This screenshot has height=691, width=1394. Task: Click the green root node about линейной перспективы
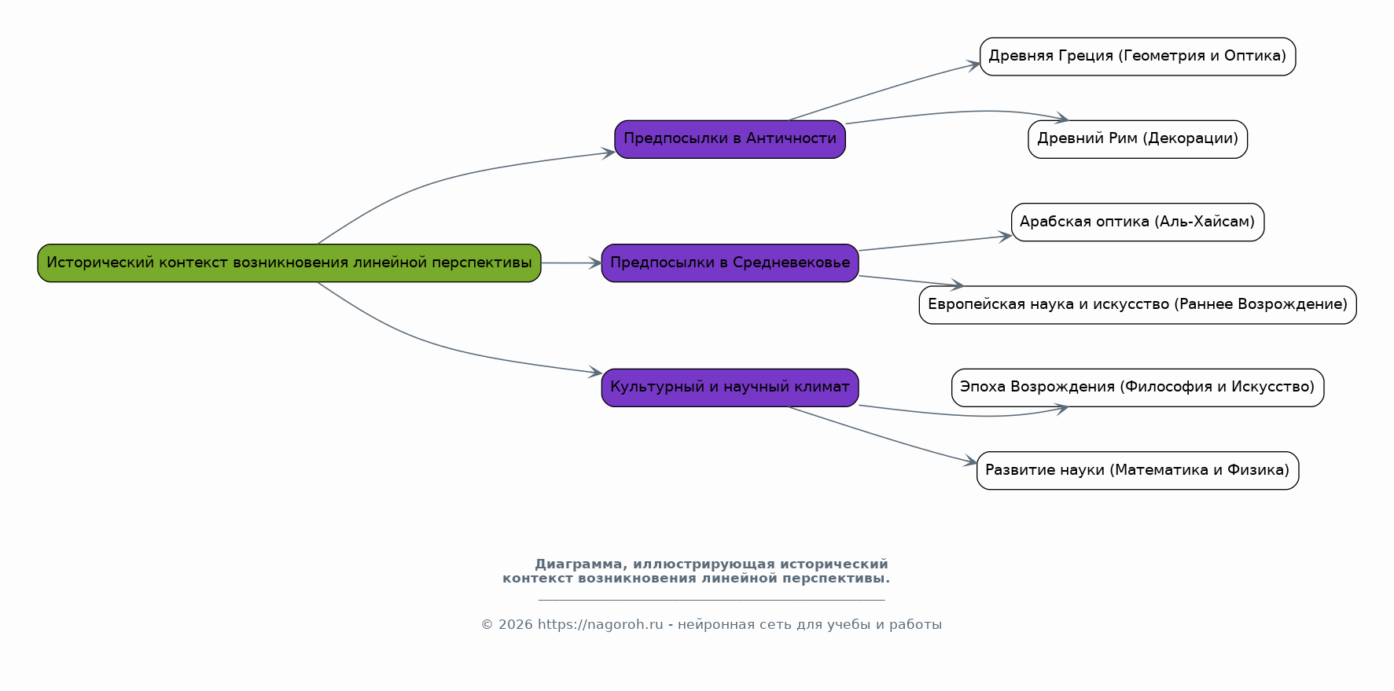point(289,263)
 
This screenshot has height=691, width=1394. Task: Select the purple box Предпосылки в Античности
point(730,139)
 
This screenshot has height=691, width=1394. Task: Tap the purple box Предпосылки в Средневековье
point(730,263)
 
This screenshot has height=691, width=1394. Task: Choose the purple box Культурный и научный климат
point(730,388)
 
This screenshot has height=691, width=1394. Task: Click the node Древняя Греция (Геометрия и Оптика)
point(1137,57)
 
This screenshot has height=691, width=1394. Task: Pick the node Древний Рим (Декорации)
point(1137,139)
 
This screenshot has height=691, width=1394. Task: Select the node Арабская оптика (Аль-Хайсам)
point(1137,222)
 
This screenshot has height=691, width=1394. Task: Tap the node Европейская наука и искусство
point(1137,305)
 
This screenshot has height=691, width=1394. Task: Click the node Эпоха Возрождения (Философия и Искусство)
point(1137,388)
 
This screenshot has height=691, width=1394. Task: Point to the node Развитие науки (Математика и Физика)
point(1137,470)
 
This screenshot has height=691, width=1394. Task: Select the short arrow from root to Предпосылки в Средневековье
point(571,263)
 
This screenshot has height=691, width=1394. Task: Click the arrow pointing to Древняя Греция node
point(885,90)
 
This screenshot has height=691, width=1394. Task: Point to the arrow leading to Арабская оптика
point(935,243)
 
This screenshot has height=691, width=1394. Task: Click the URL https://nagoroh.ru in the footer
point(600,625)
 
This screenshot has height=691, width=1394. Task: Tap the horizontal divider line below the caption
point(712,600)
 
